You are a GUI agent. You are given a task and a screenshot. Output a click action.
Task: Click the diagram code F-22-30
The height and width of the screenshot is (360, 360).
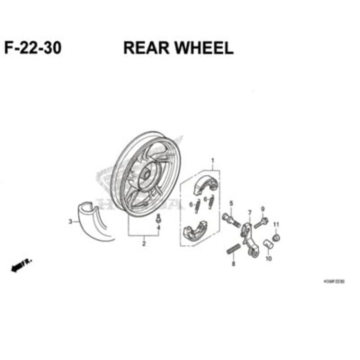[33, 48]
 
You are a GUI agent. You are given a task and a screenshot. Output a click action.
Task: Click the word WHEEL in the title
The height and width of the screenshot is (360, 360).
[202, 48]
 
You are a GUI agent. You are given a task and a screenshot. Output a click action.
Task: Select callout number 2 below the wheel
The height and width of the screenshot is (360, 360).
[144, 244]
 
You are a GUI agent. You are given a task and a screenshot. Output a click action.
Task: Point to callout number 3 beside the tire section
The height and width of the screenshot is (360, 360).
[70, 222]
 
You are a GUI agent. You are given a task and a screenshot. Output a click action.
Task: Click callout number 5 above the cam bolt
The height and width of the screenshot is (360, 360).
[231, 204]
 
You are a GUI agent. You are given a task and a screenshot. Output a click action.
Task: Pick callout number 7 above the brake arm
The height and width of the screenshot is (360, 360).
[250, 213]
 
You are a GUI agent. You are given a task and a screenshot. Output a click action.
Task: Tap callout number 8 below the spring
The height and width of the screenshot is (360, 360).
[234, 264]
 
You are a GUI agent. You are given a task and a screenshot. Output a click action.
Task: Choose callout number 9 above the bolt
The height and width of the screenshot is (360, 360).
[263, 209]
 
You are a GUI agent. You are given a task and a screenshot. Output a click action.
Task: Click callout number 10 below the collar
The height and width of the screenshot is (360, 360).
[268, 259]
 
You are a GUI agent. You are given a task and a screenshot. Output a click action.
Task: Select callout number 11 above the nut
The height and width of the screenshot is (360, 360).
[276, 225]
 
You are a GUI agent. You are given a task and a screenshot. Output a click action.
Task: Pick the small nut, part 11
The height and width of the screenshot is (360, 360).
[276, 237]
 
